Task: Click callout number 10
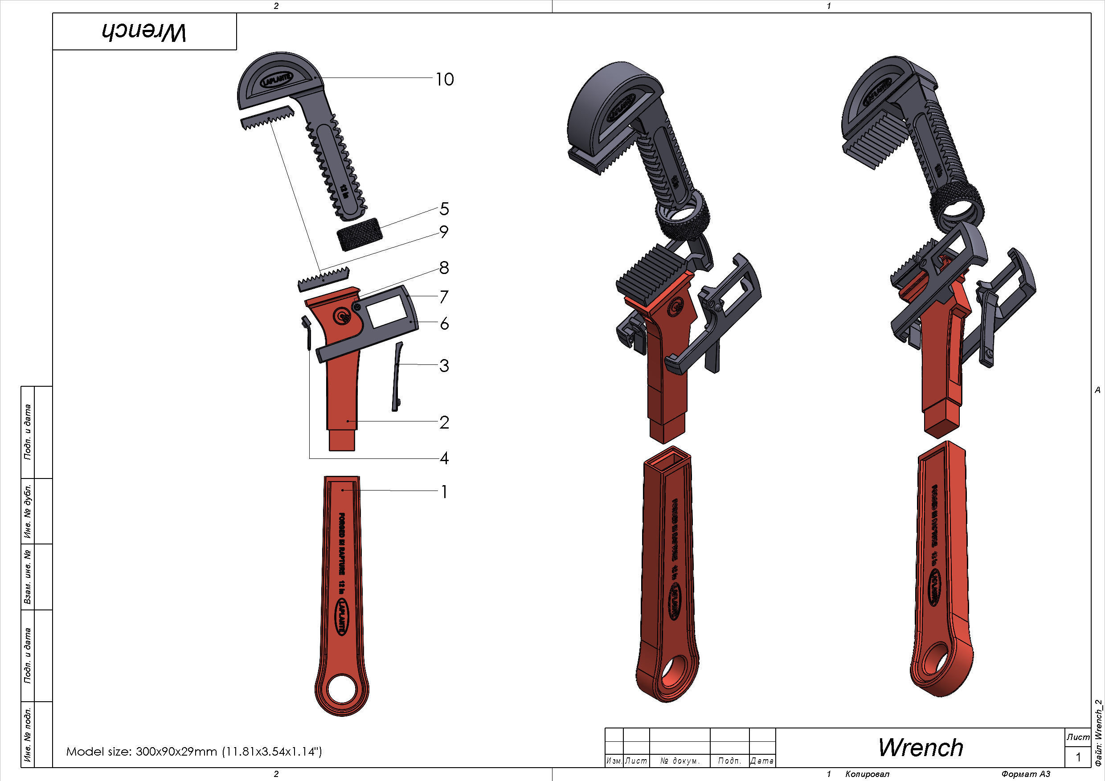pyautogui.click(x=444, y=79)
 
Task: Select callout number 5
pyautogui.click(x=444, y=209)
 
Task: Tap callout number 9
pyautogui.click(x=444, y=232)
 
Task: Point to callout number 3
pyautogui.click(x=444, y=366)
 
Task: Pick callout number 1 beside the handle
pyautogui.click(x=444, y=492)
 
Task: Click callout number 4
pyautogui.click(x=444, y=458)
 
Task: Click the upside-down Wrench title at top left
pyautogui.click(x=144, y=32)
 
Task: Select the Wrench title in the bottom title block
pyautogui.click(x=920, y=747)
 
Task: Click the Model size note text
pyautogui.click(x=193, y=751)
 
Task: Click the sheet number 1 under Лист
pyautogui.click(x=1078, y=757)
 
